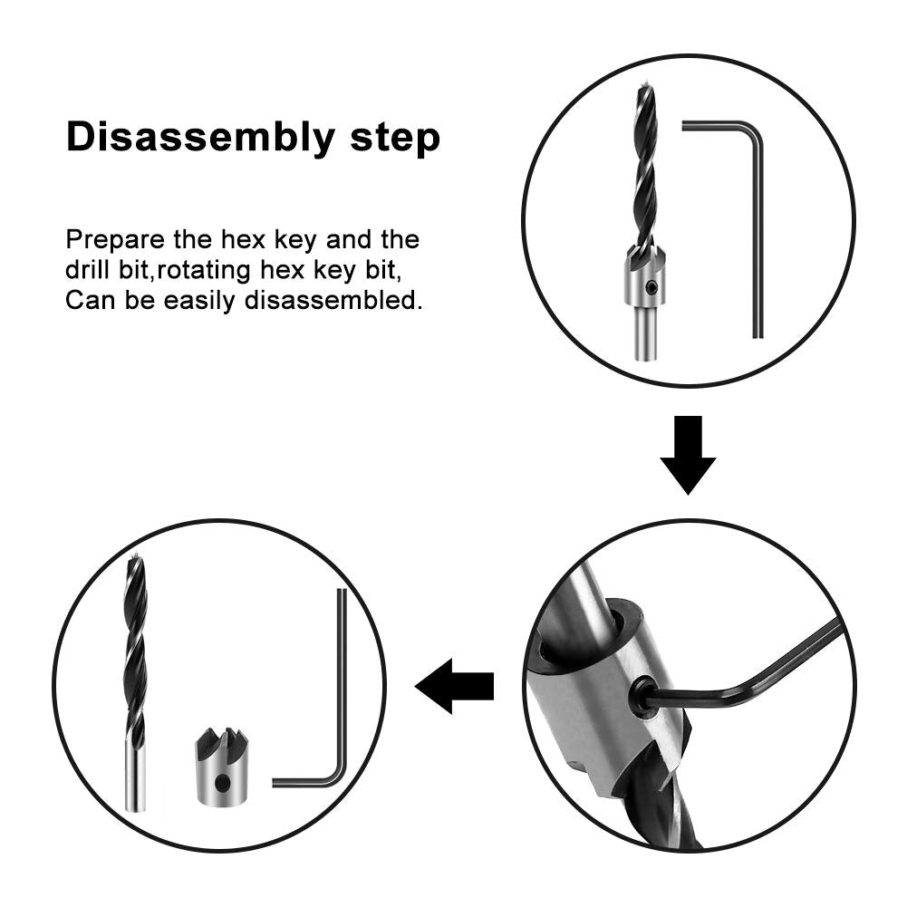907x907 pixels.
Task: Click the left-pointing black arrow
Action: tap(454, 686)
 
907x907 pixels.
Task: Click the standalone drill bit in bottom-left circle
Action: tap(135, 680)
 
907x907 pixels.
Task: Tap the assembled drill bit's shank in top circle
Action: tap(644, 332)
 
